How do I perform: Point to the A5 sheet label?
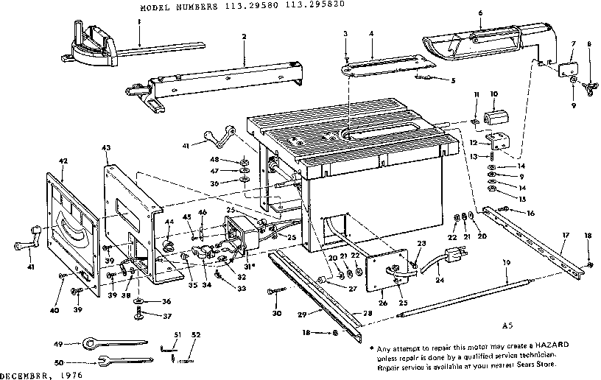coord(506,325)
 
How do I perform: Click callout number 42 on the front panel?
coord(63,160)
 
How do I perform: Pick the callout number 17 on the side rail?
coord(565,236)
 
